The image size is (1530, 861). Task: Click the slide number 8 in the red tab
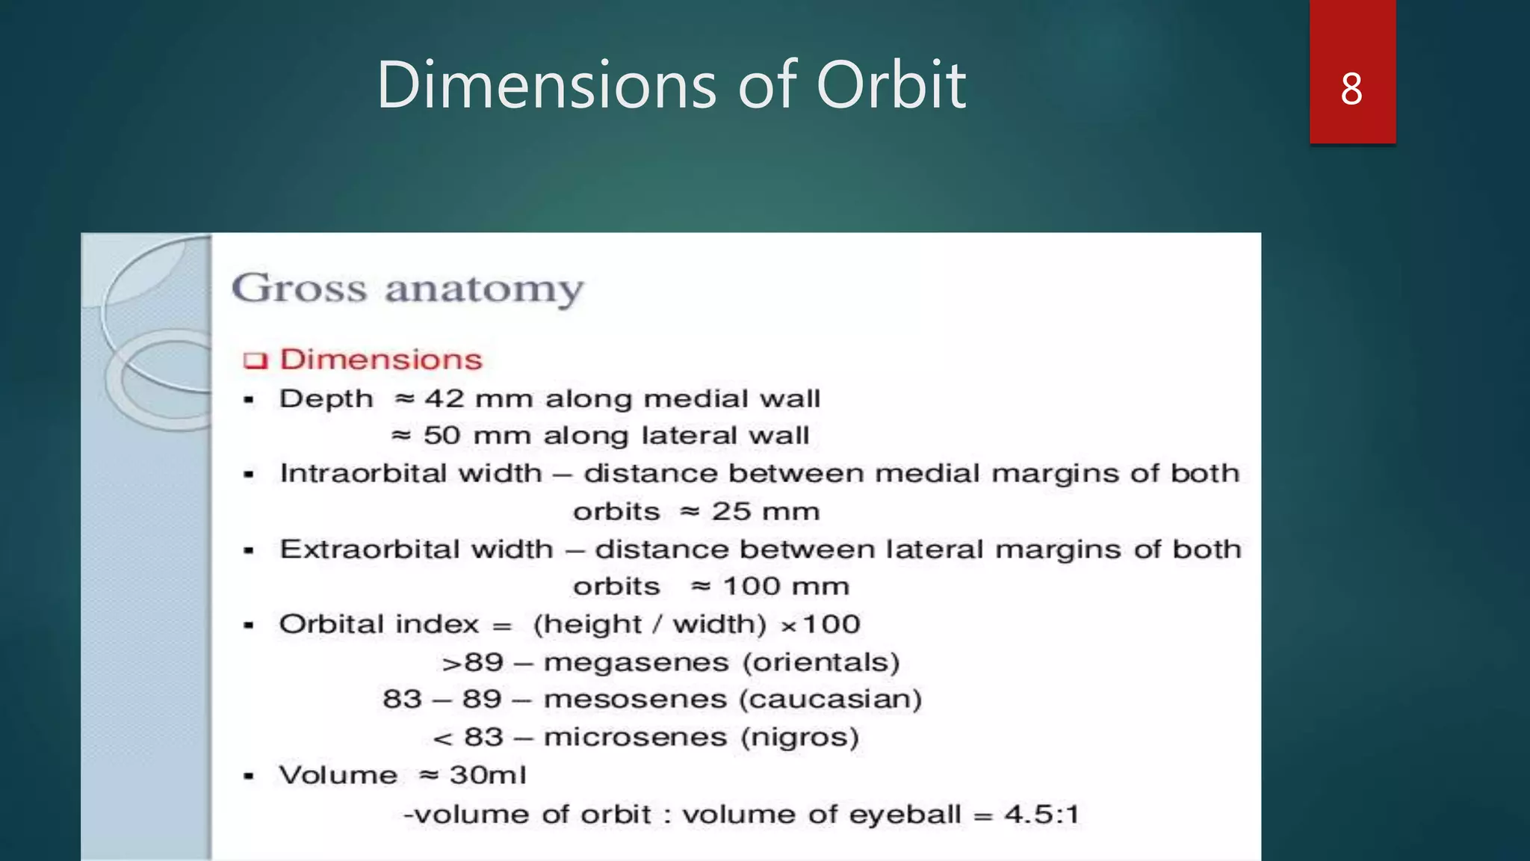1351,89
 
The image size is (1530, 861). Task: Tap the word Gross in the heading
299,288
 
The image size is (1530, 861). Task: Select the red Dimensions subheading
381,359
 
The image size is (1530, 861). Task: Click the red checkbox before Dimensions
255,361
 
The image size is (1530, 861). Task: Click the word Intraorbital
410,473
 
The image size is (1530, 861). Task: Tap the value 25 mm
766,511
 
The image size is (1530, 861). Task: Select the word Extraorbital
416,549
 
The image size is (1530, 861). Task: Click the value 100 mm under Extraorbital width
786,586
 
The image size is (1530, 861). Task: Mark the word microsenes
635,738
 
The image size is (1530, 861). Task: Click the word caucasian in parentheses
830,700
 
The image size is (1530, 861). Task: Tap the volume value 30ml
488,775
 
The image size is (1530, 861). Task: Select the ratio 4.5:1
1041,814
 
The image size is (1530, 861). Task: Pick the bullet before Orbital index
249,626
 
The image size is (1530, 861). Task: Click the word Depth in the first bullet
326,399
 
